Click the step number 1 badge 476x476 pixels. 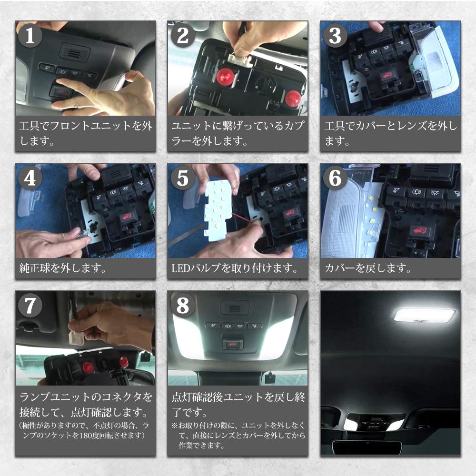click(x=30, y=37)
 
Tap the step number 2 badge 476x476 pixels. click(x=183, y=37)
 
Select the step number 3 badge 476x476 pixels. click(x=335, y=37)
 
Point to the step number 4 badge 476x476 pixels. click(x=30, y=178)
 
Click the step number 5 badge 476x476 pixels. click(x=183, y=178)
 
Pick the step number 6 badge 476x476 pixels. click(x=335, y=178)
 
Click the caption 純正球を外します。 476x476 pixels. click(x=62, y=268)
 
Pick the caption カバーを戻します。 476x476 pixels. click(x=367, y=268)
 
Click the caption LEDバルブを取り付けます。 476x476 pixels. click(x=235, y=268)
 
